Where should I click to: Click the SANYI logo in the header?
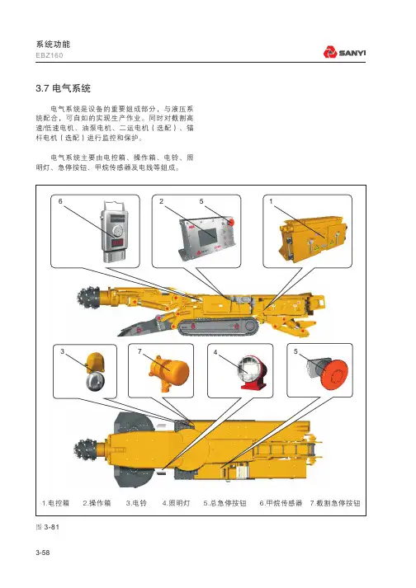344,52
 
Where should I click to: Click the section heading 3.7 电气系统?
63,88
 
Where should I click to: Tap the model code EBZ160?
50,55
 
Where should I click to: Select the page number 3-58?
43,553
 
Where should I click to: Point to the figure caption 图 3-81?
48,527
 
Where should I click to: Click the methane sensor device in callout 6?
116,232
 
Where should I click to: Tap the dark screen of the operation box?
207,235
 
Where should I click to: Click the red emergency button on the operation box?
230,222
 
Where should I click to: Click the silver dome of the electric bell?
96,381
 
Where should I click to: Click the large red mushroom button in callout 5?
335,375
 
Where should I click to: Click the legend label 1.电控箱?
55,503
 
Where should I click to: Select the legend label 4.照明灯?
176,503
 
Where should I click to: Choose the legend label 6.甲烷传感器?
281,503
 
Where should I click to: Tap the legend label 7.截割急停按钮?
335,503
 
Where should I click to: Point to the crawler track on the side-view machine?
218,327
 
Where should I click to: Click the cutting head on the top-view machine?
86,450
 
